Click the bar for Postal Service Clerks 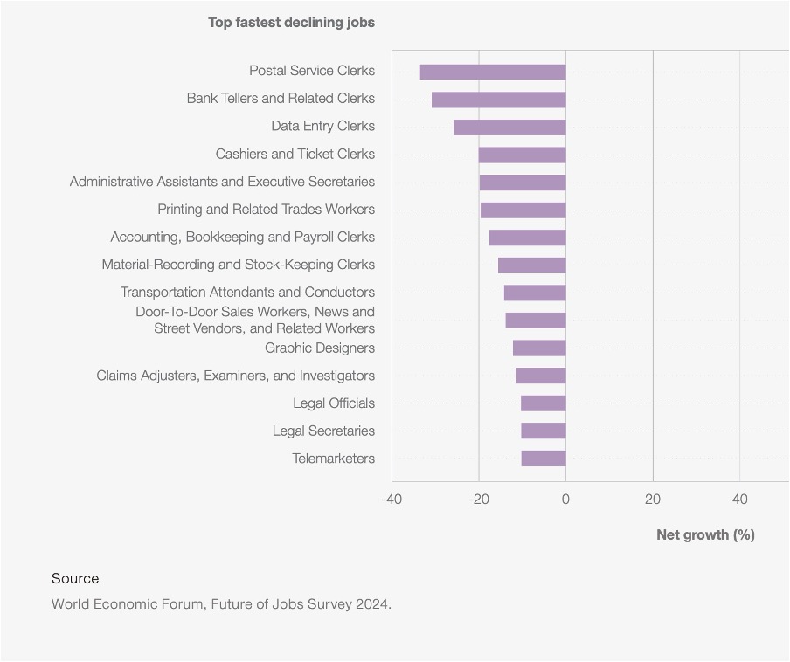pos(493,72)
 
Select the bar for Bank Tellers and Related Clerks pos(498,100)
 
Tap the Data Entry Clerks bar pos(509,128)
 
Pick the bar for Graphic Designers pos(539,348)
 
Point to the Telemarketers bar pos(544,459)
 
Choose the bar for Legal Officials pos(544,403)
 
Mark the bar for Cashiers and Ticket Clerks pos(522,155)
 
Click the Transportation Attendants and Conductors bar pos(535,293)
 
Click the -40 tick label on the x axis pos(392,500)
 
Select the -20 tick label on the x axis pos(478,500)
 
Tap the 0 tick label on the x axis pos(565,500)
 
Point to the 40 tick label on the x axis pos(739,500)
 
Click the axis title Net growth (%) pos(705,534)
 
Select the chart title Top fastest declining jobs pos(291,22)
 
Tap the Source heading pos(75,578)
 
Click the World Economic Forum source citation pos(221,603)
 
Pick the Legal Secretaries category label pos(323,431)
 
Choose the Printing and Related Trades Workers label pos(266,210)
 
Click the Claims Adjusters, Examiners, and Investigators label pos(235,376)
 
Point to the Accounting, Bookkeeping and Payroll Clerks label pos(242,237)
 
